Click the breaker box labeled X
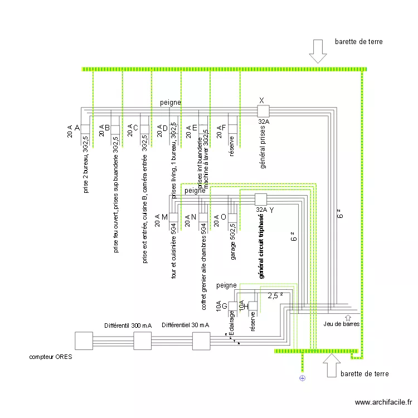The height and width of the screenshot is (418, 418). (x=263, y=111)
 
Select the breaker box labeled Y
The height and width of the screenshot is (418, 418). (x=261, y=200)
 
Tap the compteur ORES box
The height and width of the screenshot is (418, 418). (x=84, y=341)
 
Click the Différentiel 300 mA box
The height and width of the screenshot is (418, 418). (x=142, y=341)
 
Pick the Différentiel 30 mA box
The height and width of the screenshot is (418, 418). (x=201, y=341)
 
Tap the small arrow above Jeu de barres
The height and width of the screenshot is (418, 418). (x=348, y=317)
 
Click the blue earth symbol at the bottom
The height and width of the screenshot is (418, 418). (x=303, y=378)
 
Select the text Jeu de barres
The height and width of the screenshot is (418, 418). (x=342, y=324)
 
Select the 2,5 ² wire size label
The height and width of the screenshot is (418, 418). (x=275, y=296)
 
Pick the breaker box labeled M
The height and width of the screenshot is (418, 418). (x=173, y=217)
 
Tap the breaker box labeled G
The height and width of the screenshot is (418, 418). (x=233, y=306)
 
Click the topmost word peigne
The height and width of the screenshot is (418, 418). (x=171, y=103)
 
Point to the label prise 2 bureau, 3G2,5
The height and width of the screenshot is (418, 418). (x=86, y=164)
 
